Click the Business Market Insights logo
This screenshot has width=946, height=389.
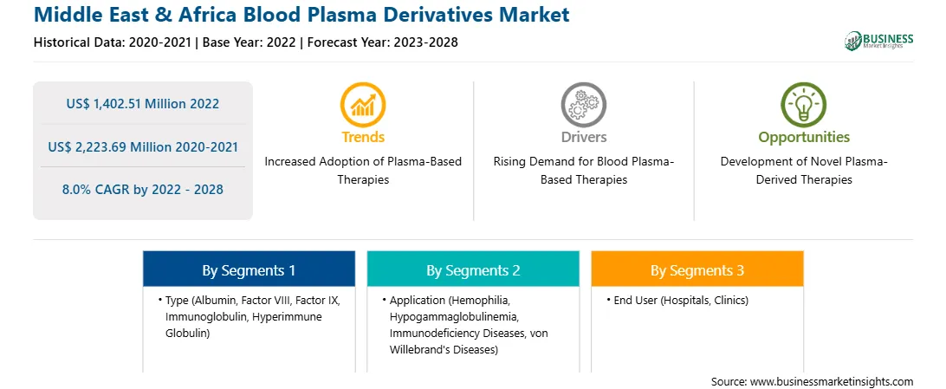tap(878, 41)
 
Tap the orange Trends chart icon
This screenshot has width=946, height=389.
tap(363, 104)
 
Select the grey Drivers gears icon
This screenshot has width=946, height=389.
tap(583, 104)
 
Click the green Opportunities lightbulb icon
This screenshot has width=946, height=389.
tap(804, 104)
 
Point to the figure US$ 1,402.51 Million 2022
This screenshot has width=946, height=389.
tap(142, 104)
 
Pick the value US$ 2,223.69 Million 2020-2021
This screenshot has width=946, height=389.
tap(142, 146)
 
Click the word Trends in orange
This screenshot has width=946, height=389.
tap(363, 138)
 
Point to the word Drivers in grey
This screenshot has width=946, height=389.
tap(583, 138)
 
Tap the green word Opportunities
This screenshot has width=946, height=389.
tap(804, 138)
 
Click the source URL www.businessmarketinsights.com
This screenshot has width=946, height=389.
tap(832, 382)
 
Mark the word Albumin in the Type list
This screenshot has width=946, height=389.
tap(216, 301)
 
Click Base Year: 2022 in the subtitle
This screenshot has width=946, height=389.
tap(249, 42)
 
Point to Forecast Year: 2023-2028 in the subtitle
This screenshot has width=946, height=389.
tap(383, 42)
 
